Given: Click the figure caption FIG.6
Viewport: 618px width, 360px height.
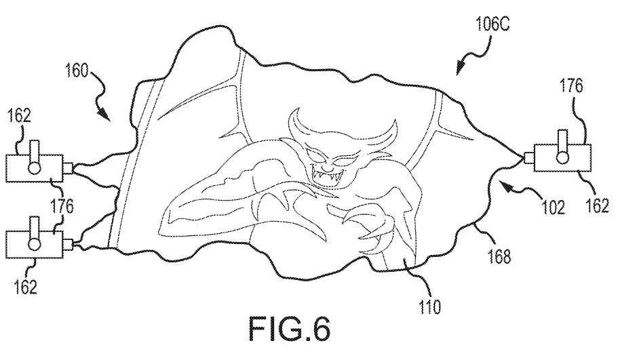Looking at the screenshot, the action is [x=289, y=329].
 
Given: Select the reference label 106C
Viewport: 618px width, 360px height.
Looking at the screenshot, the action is [x=493, y=25].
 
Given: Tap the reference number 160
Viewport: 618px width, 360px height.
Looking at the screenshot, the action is [x=77, y=71].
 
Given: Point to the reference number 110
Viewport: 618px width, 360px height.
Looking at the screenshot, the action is [x=429, y=307].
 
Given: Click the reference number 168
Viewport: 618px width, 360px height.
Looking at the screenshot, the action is [x=499, y=256].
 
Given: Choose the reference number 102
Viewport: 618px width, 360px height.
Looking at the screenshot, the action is [x=553, y=207].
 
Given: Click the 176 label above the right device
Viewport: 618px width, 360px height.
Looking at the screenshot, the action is [x=571, y=86].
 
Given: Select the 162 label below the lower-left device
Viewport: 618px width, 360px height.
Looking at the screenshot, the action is [x=25, y=287].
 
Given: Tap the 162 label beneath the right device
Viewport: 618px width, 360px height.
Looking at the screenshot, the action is [x=598, y=206].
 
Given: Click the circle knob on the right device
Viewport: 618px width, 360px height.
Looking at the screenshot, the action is [x=562, y=157].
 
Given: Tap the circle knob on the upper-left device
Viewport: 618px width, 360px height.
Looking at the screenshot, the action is [x=35, y=167].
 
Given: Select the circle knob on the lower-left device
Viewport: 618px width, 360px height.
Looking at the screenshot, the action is [x=35, y=245].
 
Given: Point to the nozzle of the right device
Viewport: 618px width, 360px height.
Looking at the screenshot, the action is [x=529, y=157].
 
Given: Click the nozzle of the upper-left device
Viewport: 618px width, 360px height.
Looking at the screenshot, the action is [x=67, y=167].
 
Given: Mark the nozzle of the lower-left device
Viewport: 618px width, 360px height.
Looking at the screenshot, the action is [x=67, y=245].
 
